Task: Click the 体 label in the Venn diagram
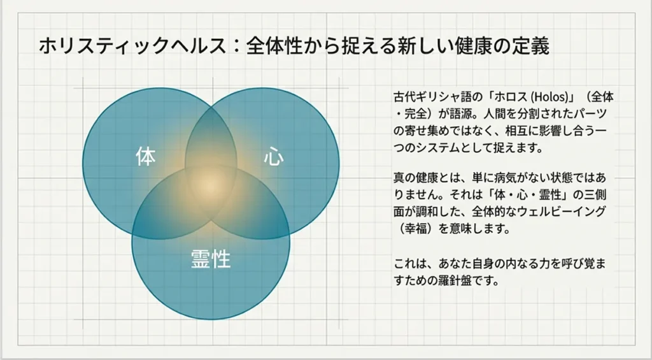tap(146, 157)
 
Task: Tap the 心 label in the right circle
tap(273, 157)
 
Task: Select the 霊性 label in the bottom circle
tap(211, 259)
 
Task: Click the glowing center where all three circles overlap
tap(211, 185)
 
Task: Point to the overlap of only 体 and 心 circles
tap(211, 131)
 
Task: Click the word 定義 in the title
tap(533, 47)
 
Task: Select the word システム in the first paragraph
tap(464, 148)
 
